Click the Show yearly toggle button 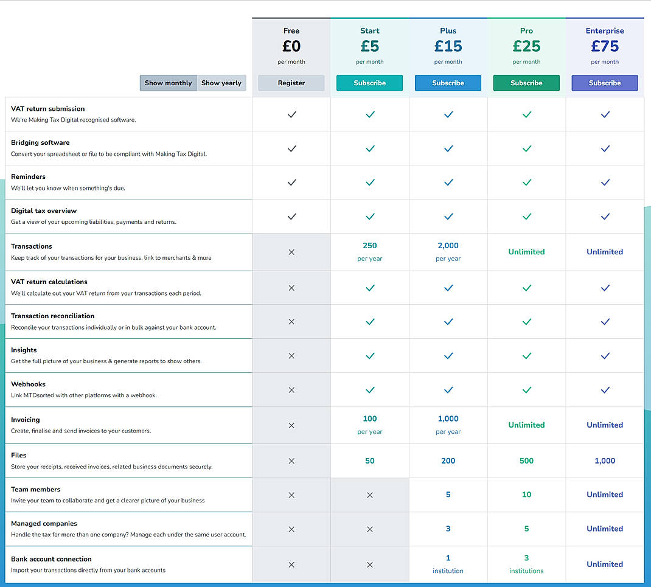[221, 83]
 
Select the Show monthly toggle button [168, 83]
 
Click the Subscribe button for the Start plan [369, 83]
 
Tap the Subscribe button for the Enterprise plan [604, 83]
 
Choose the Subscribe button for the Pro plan [526, 83]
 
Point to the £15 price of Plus [448, 46]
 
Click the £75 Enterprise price [605, 46]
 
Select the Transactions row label [32, 246]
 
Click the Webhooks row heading [28, 384]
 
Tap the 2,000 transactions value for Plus [448, 246]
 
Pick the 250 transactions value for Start [369, 246]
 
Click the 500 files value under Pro [526, 460]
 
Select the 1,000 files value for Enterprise [605, 460]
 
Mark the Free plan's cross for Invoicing [291, 425]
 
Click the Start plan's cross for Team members [369, 495]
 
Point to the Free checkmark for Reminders [291, 182]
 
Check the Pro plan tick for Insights [526, 356]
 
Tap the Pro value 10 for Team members [526, 495]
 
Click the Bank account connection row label [51, 559]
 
